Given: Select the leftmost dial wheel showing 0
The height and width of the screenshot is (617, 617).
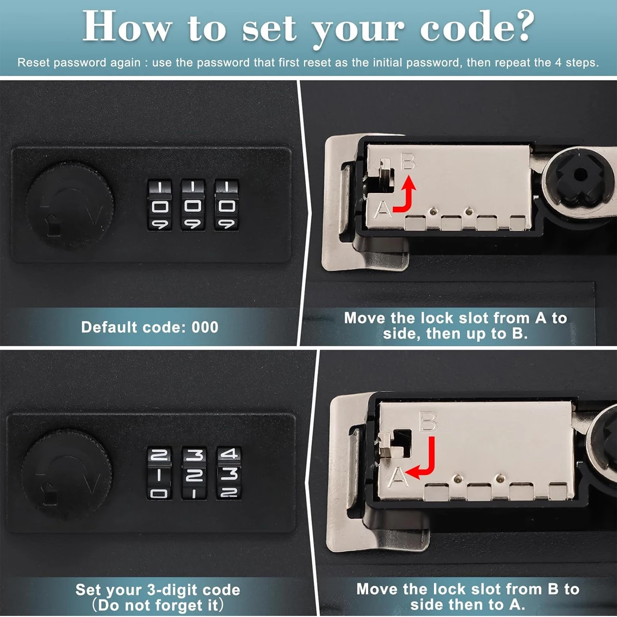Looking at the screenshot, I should click(x=159, y=205).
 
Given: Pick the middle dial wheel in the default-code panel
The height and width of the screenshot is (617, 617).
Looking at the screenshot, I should click(x=193, y=205).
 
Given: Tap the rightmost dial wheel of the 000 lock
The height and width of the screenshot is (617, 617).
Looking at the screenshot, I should click(x=226, y=205).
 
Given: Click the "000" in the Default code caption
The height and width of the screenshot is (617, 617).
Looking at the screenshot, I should click(x=205, y=328).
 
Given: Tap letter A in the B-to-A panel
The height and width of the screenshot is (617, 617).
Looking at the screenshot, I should click(x=398, y=478).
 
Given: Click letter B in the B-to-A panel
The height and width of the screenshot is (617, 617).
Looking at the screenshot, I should click(x=428, y=422).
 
